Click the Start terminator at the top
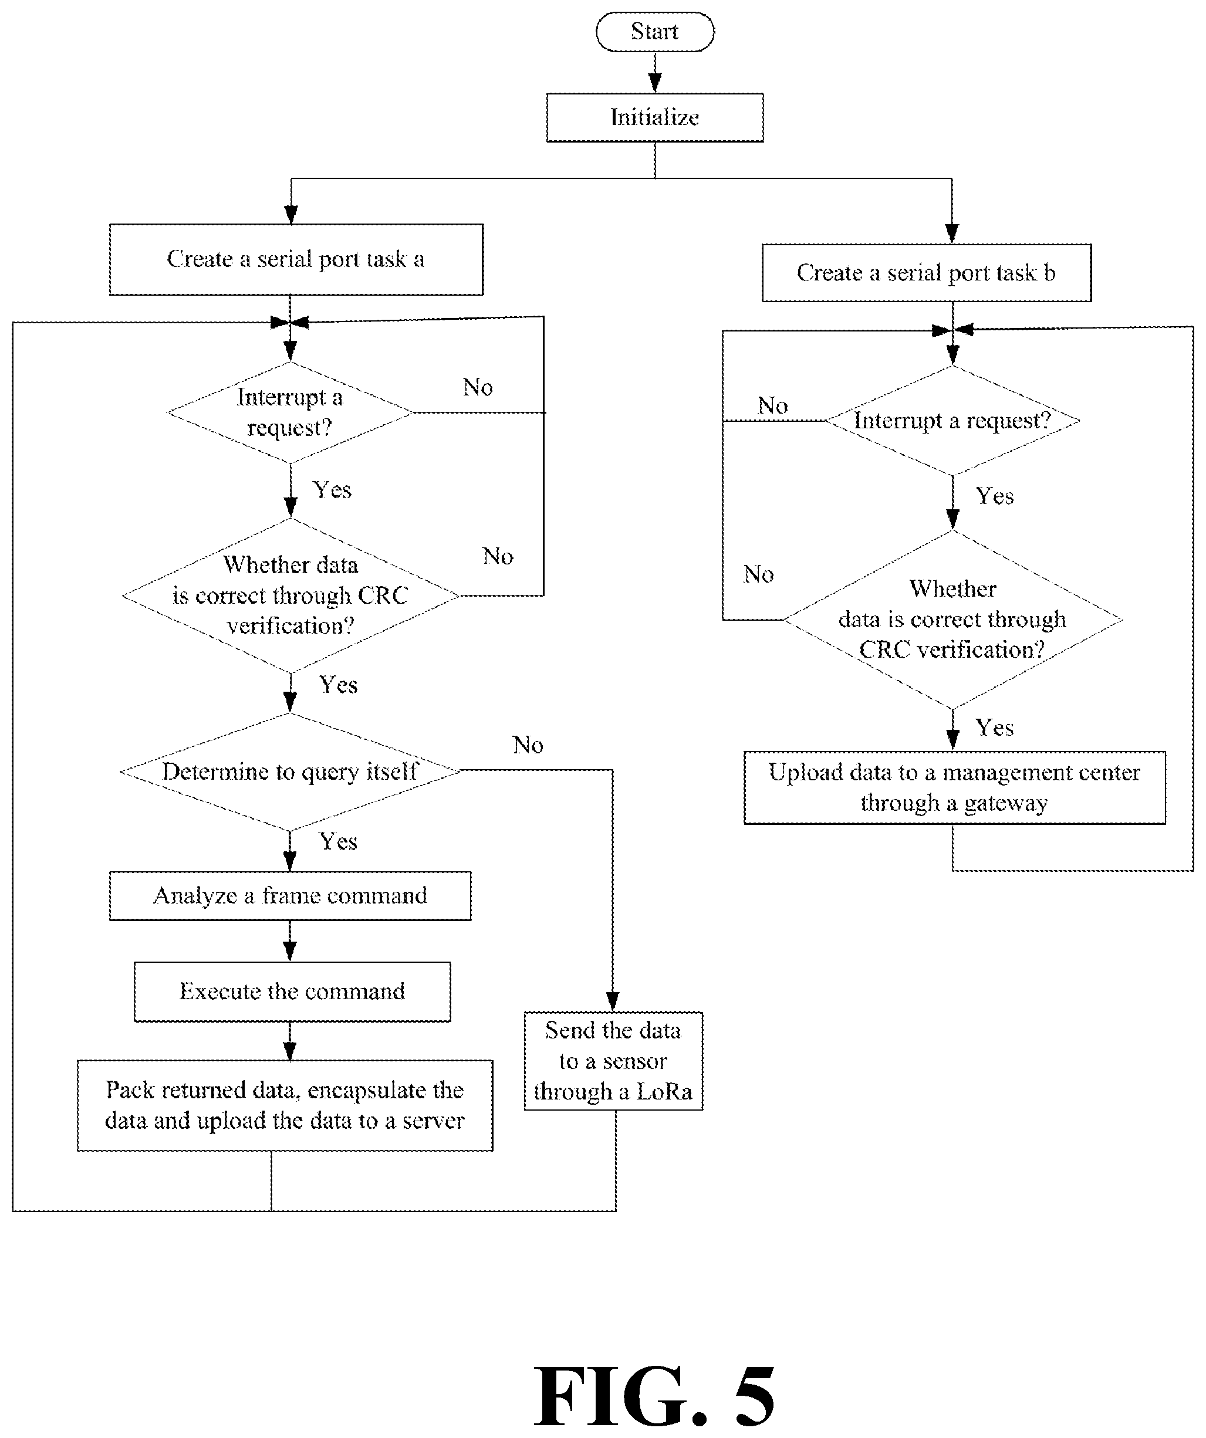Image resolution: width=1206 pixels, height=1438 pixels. tap(655, 32)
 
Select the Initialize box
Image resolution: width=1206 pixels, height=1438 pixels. tap(655, 118)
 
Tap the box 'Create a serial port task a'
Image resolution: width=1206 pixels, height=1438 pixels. tap(296, 259)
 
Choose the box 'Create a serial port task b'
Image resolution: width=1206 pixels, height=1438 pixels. tap(927, 273)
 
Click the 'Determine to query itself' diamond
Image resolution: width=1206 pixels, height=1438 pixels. tap(290, 772)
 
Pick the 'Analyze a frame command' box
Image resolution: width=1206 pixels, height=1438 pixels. tap(290, 896)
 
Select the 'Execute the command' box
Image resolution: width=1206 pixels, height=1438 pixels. tap(292, 992)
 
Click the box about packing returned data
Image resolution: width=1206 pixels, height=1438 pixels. tap(285, 1105)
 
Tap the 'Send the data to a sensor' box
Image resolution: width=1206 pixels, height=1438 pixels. tap(614, 1061)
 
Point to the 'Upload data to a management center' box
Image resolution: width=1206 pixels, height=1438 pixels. tap(955, 787)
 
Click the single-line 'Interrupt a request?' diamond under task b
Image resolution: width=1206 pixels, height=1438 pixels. tap(952, 421)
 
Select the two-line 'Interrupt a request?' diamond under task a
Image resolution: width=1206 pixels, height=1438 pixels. tap(290, 412)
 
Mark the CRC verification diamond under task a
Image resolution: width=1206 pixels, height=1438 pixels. tap(290, 595)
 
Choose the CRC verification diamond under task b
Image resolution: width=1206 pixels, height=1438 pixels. tap(952, 620)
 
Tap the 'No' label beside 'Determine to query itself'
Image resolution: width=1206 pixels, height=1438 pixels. tap(528, 745)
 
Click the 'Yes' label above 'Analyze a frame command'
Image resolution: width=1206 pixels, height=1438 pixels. tap(338, 841)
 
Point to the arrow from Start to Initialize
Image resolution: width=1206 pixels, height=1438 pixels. tap(655, 73)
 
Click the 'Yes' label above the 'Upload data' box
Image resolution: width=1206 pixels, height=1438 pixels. tap(994, 728)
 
